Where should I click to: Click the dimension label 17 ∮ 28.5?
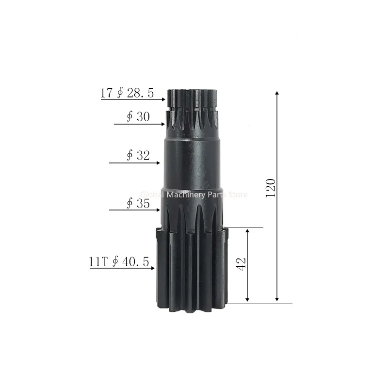coord(127,93)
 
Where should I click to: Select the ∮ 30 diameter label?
coord(138,117)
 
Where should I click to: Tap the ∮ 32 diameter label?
coord(138,156)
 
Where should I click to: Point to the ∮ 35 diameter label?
coord(138,203)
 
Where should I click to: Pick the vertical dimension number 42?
coord(242,263)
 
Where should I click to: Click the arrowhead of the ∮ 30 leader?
coord(163,124)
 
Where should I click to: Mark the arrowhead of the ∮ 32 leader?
coord(158,163)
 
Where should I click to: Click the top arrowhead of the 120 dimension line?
coord(277,92)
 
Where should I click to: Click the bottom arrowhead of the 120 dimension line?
coord(277,300)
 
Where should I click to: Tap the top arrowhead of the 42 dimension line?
coord(248,230)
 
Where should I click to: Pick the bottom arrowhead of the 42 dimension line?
coord(248,300)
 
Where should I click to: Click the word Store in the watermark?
coord(238,194)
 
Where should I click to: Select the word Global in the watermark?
coord(151,194)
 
